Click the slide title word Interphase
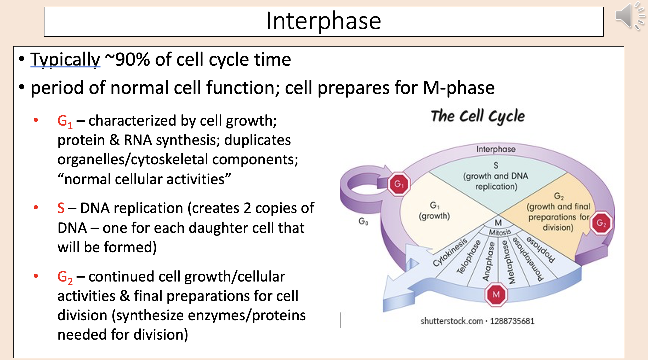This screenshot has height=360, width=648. pos(323,21)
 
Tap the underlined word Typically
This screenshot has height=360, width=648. pos(65,60)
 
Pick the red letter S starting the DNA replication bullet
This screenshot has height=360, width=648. pos(61,208)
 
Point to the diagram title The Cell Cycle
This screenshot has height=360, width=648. pos(478,116)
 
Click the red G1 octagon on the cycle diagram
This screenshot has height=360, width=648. pos(399,184)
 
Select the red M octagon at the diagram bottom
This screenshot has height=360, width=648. pos(496,294)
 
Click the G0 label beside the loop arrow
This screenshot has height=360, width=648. pos(363,222)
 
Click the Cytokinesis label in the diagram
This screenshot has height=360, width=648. pos(450,252)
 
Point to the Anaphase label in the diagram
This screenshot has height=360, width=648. pos(488,262)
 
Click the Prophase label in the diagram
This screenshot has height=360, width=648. pos(540,249)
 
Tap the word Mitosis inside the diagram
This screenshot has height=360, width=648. pos(500,232)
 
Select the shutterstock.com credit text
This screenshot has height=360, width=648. pos(451,321)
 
